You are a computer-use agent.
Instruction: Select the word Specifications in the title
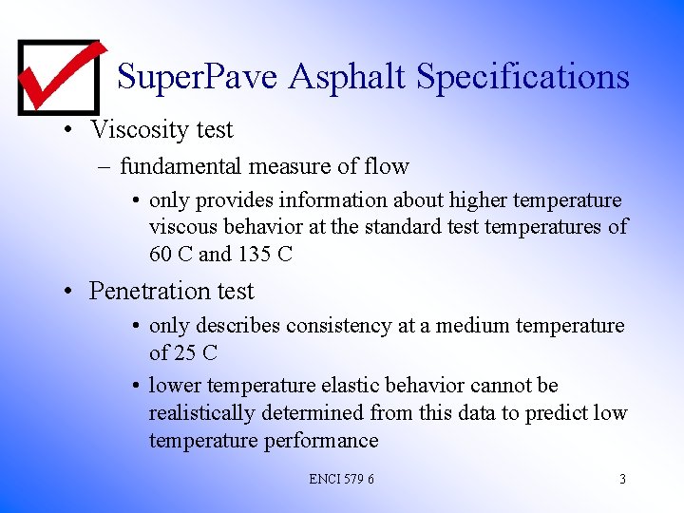tap(523, 76)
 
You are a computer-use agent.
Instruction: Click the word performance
tap(323, 440)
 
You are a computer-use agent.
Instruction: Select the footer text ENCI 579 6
tap(341, 479)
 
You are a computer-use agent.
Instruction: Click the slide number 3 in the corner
tap(622, 479)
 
